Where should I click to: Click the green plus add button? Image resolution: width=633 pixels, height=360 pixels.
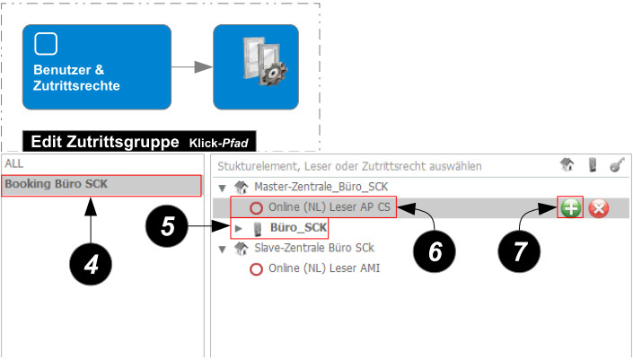(570, 208)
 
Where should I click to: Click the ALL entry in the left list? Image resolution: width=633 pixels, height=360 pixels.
(13, 164)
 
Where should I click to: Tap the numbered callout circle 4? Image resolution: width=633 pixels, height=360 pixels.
(91, 265)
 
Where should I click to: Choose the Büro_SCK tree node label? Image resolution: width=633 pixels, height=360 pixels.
(298, 228)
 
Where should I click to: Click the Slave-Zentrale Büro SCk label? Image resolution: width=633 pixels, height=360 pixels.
(313, 248)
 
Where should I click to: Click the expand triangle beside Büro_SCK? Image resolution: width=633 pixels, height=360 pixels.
(239, 228)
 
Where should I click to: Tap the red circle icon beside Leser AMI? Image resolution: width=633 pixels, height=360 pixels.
(256, 268)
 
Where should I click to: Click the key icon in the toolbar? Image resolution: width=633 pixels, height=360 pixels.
(617, 165)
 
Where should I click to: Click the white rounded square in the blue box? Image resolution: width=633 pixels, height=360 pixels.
(45, 43)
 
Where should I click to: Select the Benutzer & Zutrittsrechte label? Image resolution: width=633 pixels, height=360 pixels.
(76, 77)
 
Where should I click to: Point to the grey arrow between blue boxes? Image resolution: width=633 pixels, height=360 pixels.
(190, 67)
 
